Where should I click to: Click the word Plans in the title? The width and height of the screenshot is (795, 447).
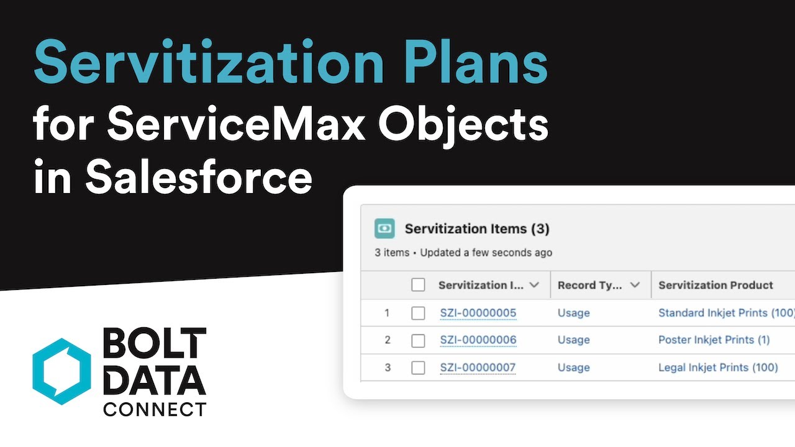point(479,62)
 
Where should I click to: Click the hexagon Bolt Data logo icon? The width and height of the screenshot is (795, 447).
point(61,371)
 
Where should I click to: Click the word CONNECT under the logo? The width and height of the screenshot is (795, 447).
point(154,409)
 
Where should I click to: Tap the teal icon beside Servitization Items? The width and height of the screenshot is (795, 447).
point(385,228)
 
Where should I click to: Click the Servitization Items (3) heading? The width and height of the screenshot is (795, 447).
point(477,228)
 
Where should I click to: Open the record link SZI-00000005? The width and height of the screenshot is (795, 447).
point(478,313)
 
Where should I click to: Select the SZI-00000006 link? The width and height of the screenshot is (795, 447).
point(478,340)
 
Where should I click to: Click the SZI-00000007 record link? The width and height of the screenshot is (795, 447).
point(478,368)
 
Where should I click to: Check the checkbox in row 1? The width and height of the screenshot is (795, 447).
point(418,313)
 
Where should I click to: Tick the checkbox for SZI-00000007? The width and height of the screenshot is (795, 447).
point(418,368)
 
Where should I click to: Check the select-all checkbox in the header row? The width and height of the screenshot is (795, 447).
point(418,285)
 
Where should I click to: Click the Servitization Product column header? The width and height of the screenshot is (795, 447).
point(715,285)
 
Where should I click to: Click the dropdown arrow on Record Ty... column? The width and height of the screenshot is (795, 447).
point(635,285)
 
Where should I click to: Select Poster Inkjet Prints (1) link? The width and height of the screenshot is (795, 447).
point(714,340)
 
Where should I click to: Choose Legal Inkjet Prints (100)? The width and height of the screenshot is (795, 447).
point(718,368)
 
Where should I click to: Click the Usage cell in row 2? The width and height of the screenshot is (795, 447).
point(573,340)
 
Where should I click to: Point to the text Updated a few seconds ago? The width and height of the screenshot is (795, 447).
point(486,253)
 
